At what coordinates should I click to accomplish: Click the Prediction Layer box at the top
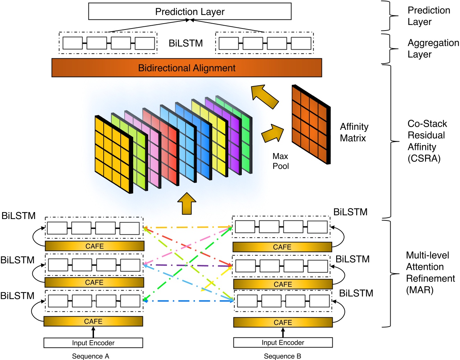190,11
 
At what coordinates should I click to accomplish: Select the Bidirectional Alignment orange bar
187,68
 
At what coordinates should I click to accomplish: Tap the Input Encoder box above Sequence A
93,343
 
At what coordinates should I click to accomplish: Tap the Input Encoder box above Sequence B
283,342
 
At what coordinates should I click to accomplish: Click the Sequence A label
91,356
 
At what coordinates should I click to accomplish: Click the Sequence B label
282,356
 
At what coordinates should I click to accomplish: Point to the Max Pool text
280,161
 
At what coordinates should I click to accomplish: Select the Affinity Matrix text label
353,132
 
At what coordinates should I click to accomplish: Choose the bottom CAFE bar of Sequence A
93,321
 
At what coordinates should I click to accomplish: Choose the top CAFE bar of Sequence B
282,247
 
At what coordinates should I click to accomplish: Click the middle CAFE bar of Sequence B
283,284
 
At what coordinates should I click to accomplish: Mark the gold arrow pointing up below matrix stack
187,204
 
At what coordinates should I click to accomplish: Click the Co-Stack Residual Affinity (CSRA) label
427,141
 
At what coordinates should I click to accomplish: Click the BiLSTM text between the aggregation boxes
186,43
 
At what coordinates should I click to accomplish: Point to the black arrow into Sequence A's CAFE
93,332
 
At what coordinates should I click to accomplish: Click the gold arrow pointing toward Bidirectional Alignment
264,97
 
